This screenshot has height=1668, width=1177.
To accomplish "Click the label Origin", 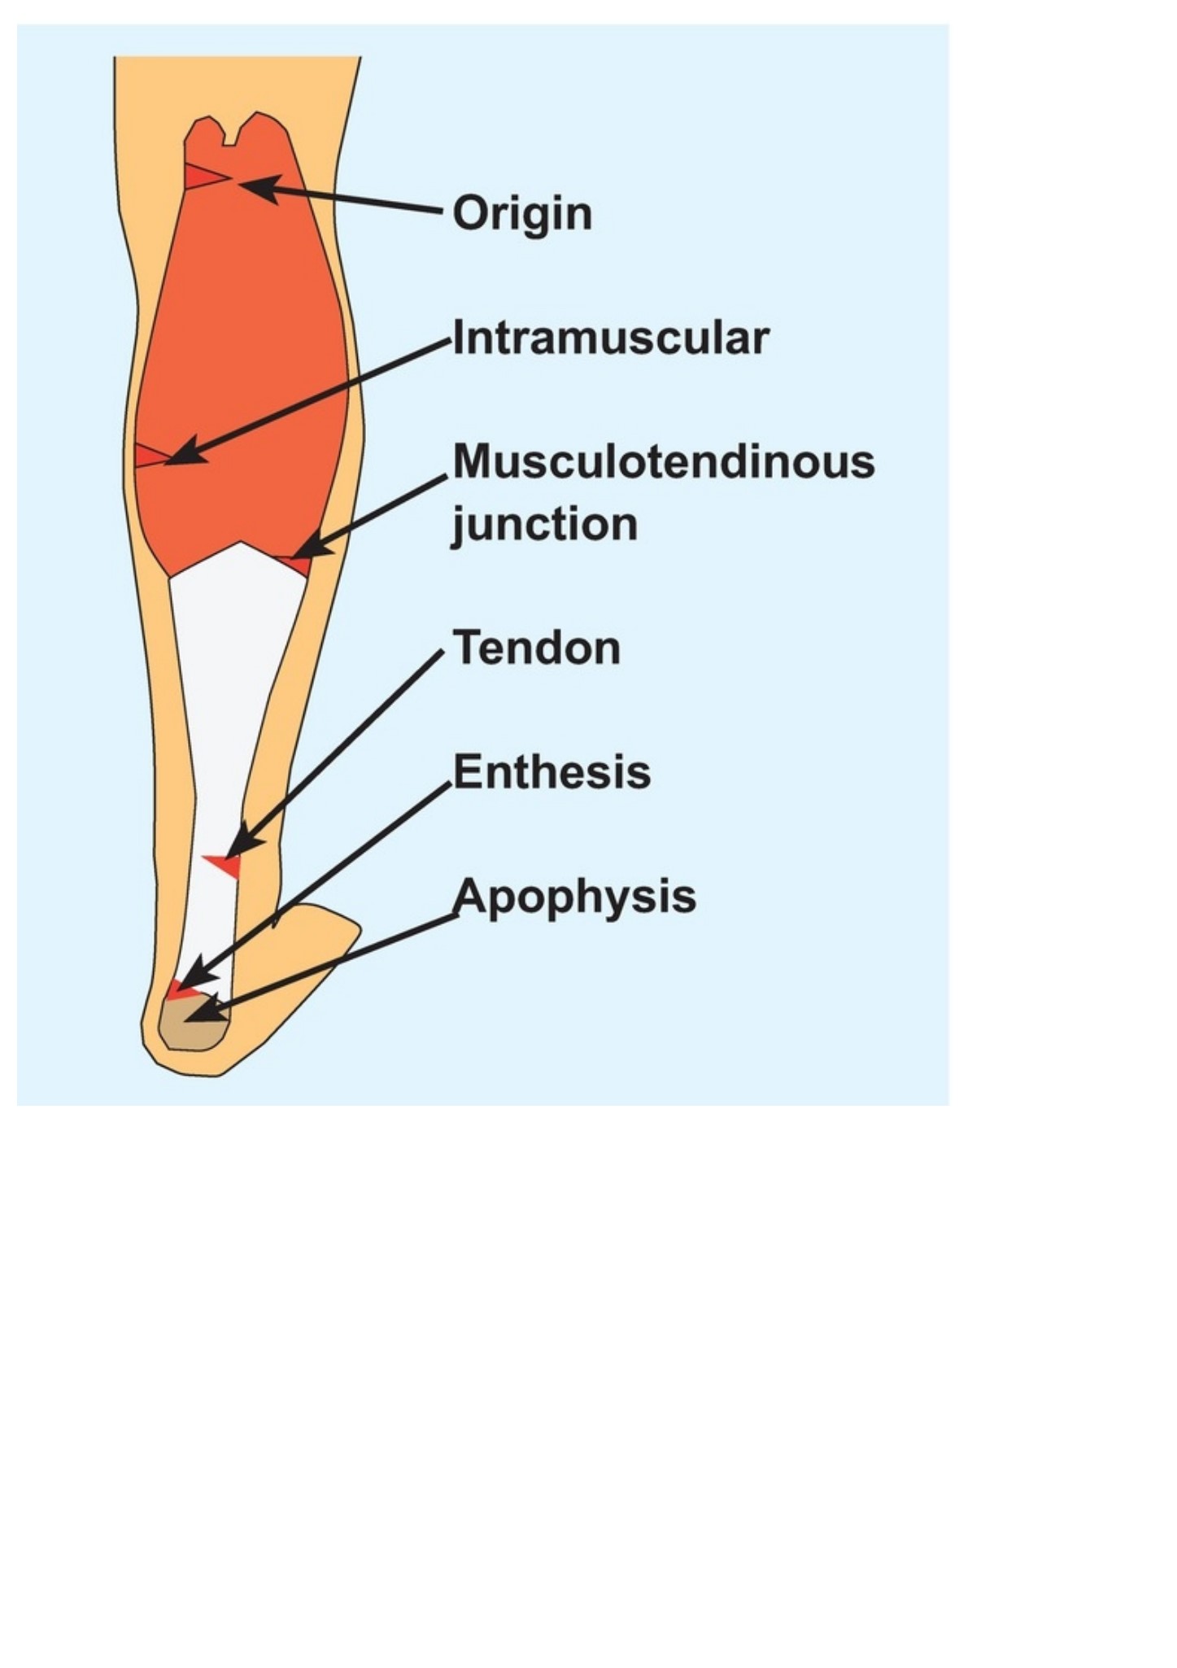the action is pos(522,214).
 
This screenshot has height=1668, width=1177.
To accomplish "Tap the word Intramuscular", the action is pos(610,338).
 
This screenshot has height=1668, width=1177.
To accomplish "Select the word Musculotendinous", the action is pos(664,461).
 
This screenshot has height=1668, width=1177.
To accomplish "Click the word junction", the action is pos(545,525).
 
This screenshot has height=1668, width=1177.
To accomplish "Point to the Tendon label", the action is pos(537,648).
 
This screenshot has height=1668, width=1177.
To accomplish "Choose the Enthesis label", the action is pos(551,771).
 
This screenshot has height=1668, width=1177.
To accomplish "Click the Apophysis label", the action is pos(574,897).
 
